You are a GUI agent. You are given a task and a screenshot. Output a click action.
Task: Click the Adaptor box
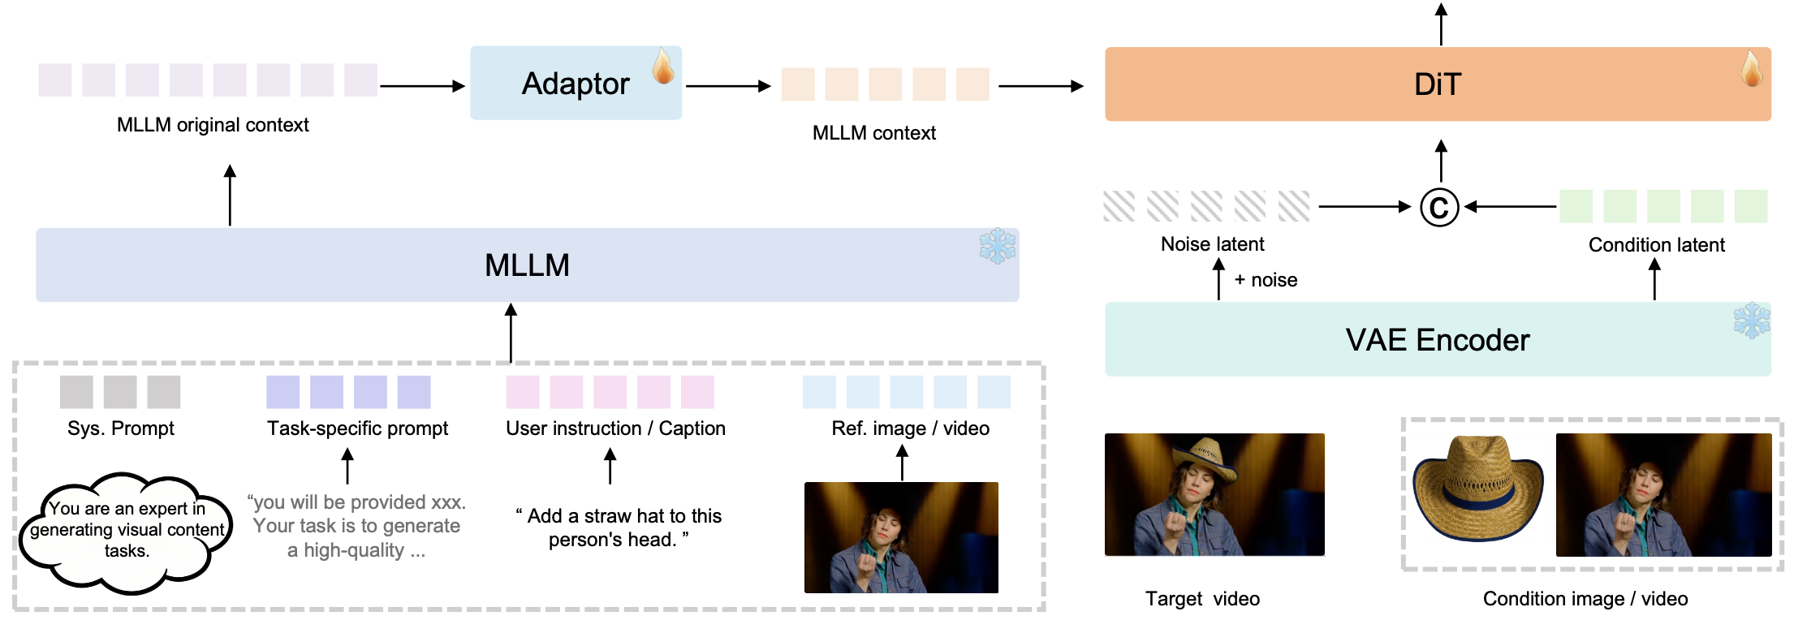[575, 84]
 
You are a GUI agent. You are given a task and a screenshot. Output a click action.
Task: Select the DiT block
[1437, 84]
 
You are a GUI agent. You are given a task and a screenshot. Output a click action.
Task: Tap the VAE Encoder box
[1437, 339]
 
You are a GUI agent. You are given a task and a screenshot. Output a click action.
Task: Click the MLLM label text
[527, 265]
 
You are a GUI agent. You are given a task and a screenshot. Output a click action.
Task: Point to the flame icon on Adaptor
[663, 67]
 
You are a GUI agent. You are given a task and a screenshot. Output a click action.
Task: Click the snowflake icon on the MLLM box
[997, 246]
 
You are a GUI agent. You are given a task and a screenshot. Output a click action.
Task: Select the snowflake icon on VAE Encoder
[1752, 321]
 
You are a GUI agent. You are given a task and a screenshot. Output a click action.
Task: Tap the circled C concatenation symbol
[1439, 208]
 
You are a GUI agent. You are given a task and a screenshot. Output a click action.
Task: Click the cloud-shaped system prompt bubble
[127, 532]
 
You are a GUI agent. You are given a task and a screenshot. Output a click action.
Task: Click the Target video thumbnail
[1214, 494]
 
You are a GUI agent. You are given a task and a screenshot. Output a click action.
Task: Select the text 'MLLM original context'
[213, 125]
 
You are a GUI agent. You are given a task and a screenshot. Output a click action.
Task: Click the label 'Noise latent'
[1212, 244]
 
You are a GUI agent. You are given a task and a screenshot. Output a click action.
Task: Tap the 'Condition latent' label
[1656, 245]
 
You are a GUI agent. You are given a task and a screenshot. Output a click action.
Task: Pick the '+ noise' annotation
[1266, 280]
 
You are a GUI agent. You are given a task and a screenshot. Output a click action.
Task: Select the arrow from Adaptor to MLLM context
[728, 86]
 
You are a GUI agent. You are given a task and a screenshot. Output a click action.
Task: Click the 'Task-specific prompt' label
[357, 428]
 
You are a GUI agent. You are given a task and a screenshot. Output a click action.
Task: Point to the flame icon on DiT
[1751, 68]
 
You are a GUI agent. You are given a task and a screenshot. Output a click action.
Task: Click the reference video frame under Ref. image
[901, 537]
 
